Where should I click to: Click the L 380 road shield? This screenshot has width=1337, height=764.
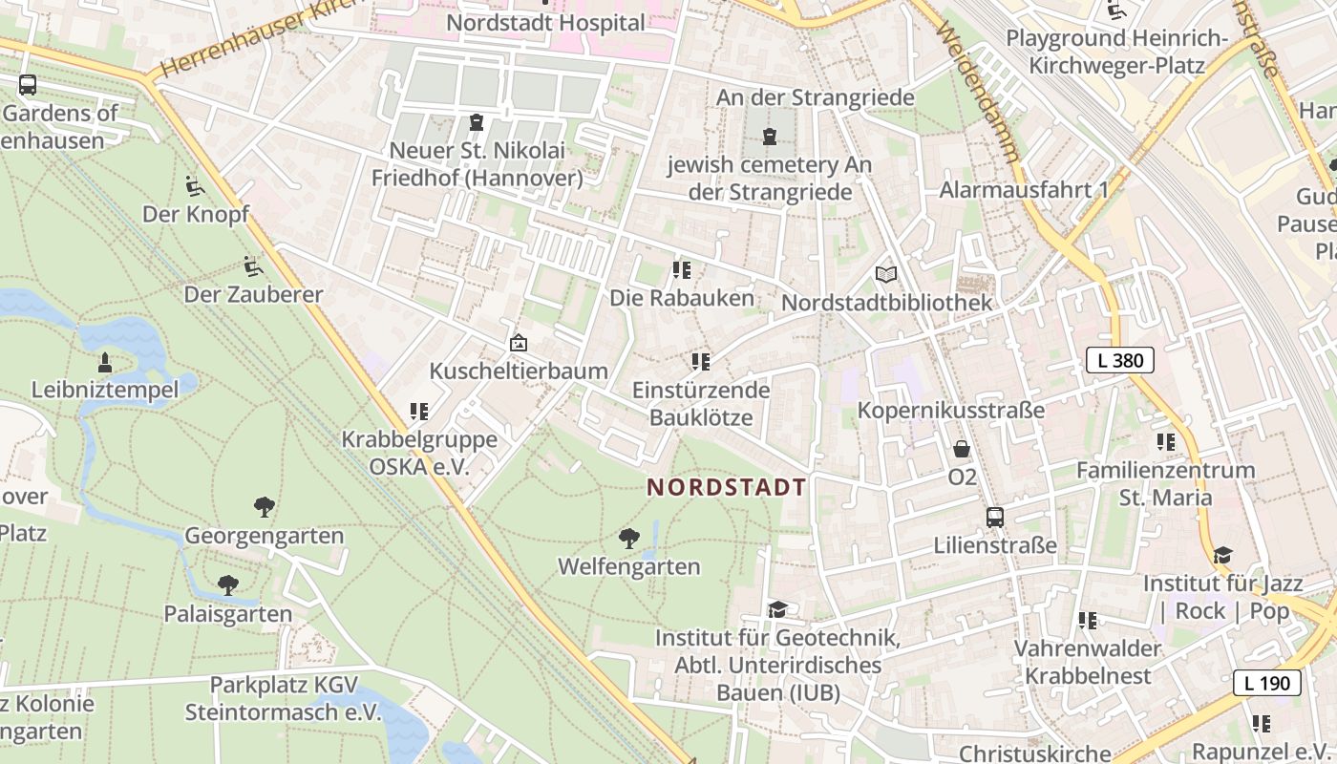click(1120, 360)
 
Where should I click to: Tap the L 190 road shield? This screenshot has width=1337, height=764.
click(1267, 683)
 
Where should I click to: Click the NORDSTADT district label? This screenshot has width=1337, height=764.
click(727, 487)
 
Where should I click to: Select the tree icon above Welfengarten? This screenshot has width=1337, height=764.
click(628, 539)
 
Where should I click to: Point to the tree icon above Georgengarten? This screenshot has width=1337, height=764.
click(264, 507)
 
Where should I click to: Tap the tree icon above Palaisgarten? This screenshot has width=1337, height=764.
click(227, 584)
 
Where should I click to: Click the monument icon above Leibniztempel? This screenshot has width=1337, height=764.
click(104, 362)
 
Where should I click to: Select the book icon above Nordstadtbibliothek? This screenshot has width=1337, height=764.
click(886, 275)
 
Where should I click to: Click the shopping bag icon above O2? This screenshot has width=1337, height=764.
click(962, 448)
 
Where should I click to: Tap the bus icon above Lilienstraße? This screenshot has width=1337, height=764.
click(995, 518)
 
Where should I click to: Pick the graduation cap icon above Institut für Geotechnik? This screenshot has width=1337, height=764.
click(777, 609)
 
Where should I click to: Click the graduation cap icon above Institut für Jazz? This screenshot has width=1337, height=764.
click(1222, 555)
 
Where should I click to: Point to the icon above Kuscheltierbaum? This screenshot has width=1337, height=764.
click(518, 343)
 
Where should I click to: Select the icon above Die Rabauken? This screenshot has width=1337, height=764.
click(681, 270)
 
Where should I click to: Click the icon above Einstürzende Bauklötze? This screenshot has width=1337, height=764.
click(701, 362)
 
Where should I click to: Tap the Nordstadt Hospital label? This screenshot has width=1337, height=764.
click(545, 21)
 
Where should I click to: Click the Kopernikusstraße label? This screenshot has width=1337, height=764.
click(951, 410)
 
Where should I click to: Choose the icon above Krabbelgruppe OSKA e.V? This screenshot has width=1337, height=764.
click(418, 412)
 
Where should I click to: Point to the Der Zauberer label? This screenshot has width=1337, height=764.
click(253, 294)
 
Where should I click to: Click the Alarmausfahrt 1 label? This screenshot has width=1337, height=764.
click(1024, 189)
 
